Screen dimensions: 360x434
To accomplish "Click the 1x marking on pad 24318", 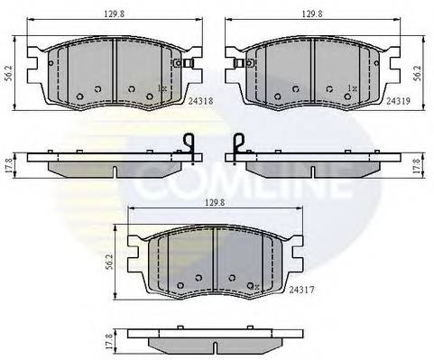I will [162, 88].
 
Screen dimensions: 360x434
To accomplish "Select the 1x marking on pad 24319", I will [351, 88].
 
